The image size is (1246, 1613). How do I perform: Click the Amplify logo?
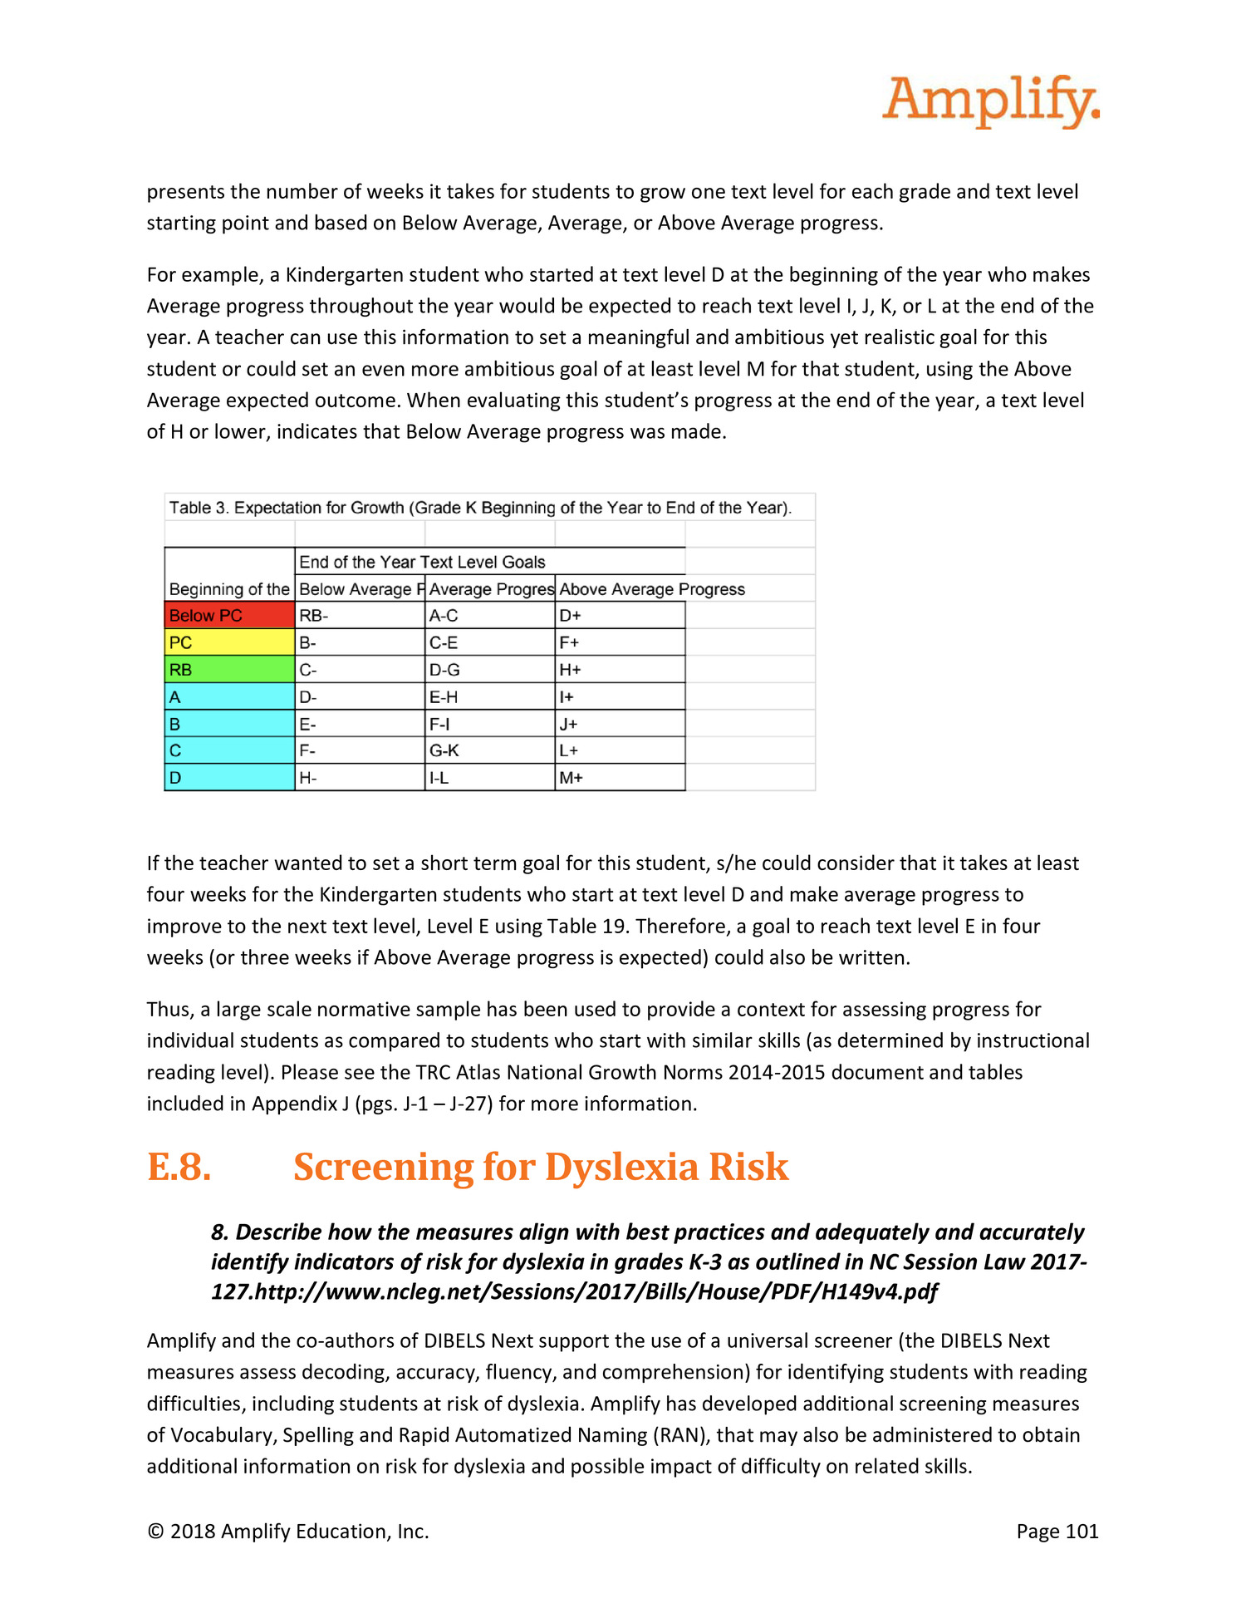(x=990, y=101)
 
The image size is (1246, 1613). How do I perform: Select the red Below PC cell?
(x=229, y=616)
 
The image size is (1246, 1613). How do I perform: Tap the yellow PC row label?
(x=229, y=642)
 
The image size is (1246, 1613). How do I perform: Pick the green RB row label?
(x=229, y=670)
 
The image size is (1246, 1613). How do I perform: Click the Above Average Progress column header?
(x=652, y=589)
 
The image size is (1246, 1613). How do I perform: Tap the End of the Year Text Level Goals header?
(x=422, y=562)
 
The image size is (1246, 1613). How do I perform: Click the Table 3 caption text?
(x=480, y=508)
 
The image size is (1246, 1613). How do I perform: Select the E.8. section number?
(x=179, y=1167)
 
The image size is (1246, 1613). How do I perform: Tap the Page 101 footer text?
(x=1057, y=1532)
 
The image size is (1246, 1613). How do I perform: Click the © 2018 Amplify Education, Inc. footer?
(x=287, y=1532)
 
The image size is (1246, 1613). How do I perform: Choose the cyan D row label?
(x=229, y=778)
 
